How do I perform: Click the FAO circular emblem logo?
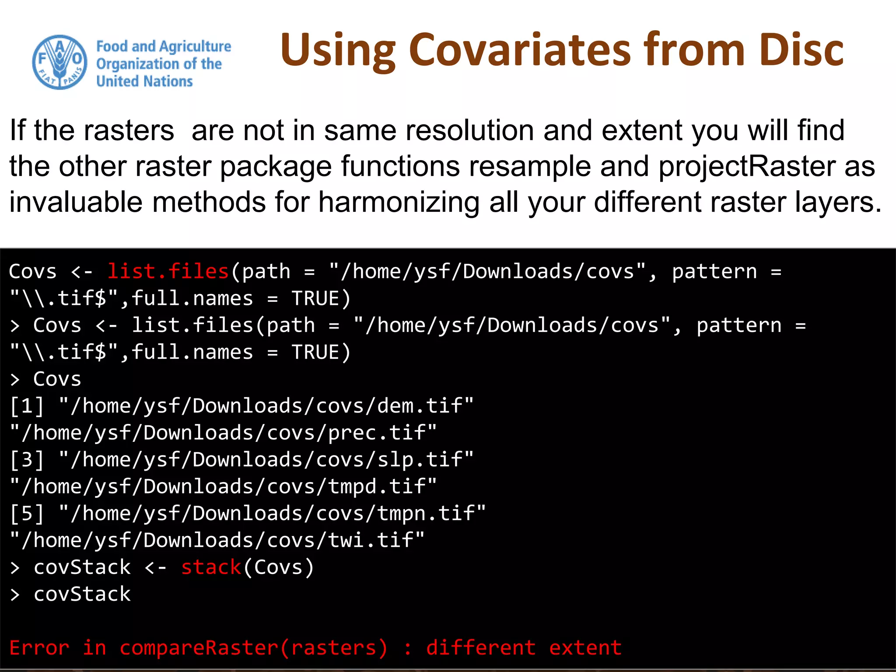point(59,63)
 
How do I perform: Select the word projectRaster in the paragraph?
point(746,167)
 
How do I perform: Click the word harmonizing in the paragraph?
point(399,203)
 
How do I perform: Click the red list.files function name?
point(168,272)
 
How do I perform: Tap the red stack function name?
point(211,567)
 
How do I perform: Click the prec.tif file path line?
point(223,433)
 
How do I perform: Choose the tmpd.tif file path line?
point(223,486)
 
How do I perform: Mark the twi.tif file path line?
point(217,540)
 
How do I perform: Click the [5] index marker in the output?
point(27,514)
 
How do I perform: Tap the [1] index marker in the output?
point(27,406)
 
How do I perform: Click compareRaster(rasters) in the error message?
point(254,648)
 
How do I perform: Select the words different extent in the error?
point(524,648)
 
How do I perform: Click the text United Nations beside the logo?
point(144,81)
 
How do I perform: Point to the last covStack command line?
point(82,594)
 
